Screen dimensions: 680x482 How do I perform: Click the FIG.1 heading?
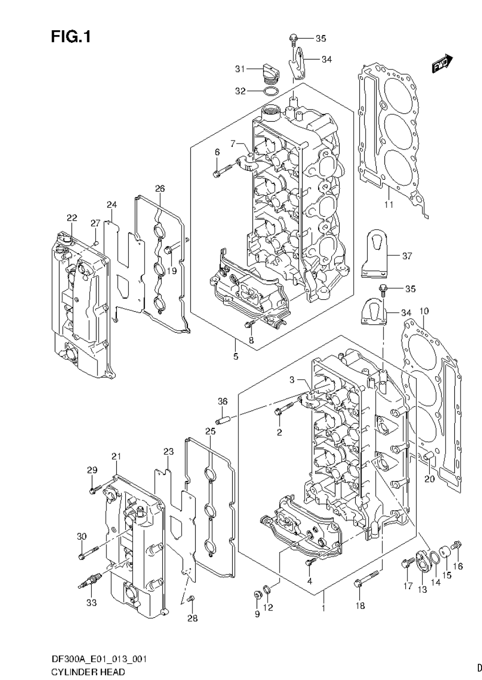(x=71, y=37)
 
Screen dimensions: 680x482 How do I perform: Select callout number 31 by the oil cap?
(x=240, y=69)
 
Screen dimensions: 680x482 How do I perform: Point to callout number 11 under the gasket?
(x=389, y=204)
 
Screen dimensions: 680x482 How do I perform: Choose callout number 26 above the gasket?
(x=160, y=188)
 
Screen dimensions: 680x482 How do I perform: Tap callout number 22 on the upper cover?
(x=71, y=217)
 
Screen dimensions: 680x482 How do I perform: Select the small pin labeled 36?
(x=223, y=419)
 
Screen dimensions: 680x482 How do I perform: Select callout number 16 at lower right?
(x=458, y=566)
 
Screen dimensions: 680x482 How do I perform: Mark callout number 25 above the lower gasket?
(x=210, y=431)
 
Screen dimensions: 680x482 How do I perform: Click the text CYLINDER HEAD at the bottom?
(x=81, y=672)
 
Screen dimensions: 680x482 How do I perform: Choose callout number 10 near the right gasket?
(x=424, y=311)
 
